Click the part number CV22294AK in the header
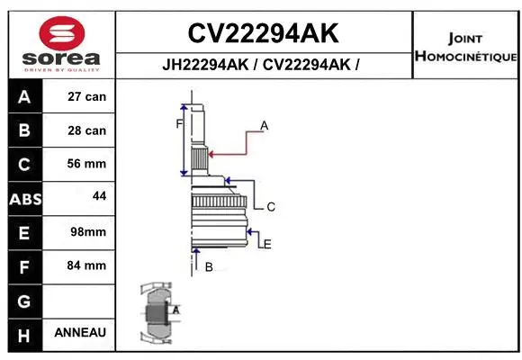tap(262, 33)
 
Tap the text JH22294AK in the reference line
tap(206, 65)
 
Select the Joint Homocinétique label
tap(464, 48)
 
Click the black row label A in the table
tap(24, 96)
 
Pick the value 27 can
tap(86, 96)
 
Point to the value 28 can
tap(86, 130)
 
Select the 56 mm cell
tap(86, 164)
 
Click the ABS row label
tap(24, 198)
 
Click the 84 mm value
tap(86, 265)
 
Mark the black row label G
tap(24, 300)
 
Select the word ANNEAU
tap(80, 332)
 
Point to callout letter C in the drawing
tap(270, 207)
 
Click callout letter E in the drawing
tap(267, 243)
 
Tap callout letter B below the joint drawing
tap(208, 266)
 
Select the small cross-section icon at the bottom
tap(158, 314)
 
